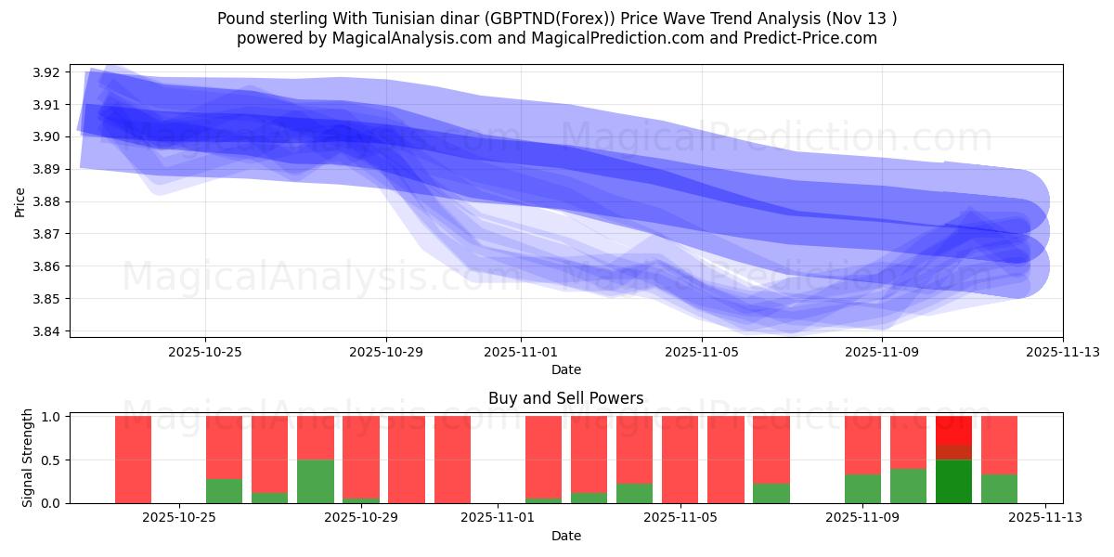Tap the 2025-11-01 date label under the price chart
click(x=521, y=352)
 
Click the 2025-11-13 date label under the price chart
click(x=1063, y=352)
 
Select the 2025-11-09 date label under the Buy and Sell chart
click(x=863, y=518)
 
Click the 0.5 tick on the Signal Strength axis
click(x=51, y=460)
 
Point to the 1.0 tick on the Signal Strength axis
click(x=51, y=417)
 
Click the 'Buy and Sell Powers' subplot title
click(x=565, y=398)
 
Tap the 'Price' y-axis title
click(x=20, y=201)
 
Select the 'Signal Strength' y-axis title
click(x=28, y=458)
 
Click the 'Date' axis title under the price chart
click(x=565, y=369)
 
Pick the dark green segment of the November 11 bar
click(x=953, y=482)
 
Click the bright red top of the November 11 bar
click(x=953, y=429)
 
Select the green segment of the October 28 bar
click(x=316, y=481)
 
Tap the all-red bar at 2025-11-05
click(x=680, y=460)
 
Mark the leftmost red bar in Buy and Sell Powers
click(x=133, y=460)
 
